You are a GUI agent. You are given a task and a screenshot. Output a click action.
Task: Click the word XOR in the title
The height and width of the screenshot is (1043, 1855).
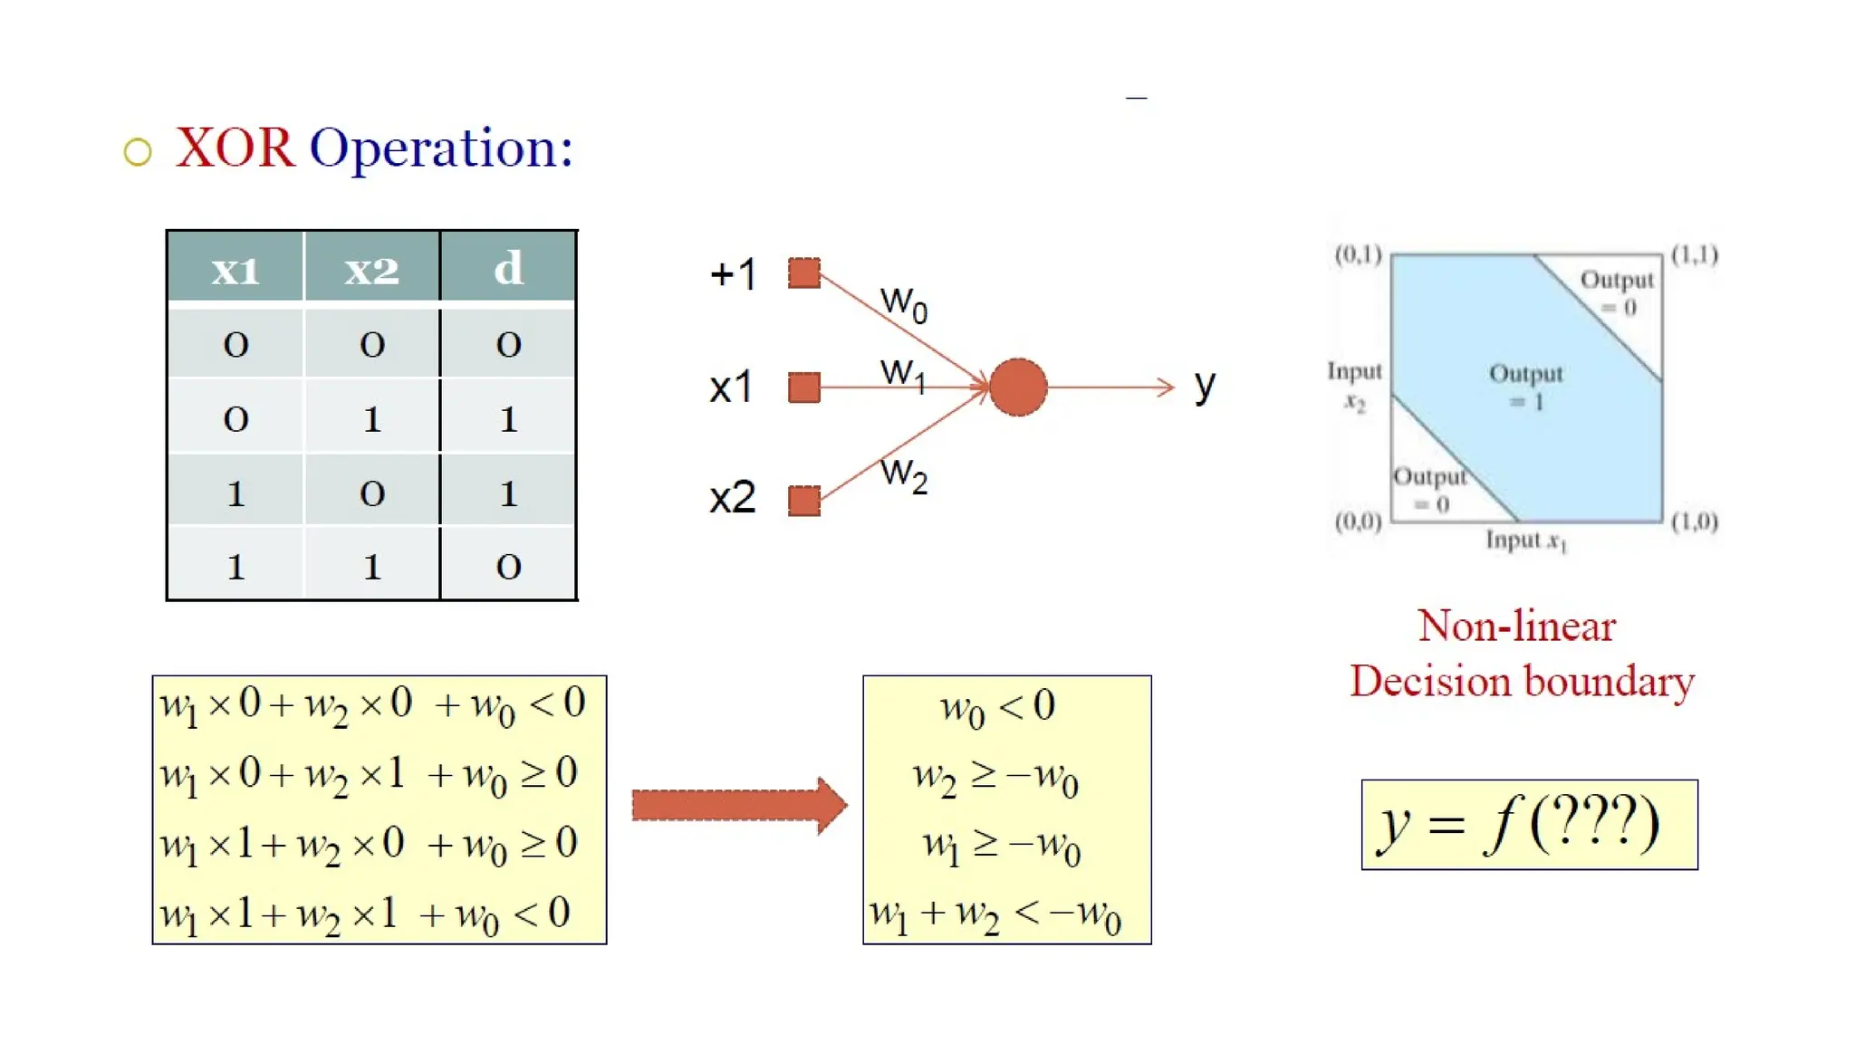pos(235,148)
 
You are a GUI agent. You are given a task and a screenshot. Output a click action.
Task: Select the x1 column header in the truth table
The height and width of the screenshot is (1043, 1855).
pos(235,269)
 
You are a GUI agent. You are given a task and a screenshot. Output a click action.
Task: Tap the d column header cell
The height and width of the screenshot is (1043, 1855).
pos(508,269)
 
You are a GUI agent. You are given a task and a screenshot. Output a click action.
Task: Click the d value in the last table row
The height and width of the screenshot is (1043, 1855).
pos(508,567)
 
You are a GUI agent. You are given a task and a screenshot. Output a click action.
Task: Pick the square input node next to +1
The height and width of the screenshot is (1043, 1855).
pos(803,273)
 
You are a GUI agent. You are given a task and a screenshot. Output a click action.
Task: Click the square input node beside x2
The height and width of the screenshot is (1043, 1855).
pos(803,500)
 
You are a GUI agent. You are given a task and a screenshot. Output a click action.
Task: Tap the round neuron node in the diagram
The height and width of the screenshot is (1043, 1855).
pos(1017,387)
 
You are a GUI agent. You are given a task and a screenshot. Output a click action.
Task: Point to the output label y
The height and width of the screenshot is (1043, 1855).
pos(1204,387)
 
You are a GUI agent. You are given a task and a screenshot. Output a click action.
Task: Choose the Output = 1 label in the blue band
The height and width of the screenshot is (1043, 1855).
pos(1526,387)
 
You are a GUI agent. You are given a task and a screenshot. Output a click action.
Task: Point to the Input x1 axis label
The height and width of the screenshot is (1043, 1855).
pos(1525,541)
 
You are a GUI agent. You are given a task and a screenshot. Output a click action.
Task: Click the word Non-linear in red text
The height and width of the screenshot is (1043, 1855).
pos(1516,627)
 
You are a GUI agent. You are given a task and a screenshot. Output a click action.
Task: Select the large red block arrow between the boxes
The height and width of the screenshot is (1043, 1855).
pos(738,805)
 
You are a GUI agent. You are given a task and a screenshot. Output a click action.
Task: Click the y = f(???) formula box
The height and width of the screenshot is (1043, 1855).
pos(1529,825)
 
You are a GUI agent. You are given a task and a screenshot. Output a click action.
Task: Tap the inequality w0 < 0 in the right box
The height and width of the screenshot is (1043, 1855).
pos(997,707)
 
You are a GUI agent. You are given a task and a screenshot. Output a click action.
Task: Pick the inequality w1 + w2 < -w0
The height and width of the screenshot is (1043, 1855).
pos(995,914)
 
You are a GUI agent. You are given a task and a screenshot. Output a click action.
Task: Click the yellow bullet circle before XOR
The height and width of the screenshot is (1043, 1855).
pos(138,152)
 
